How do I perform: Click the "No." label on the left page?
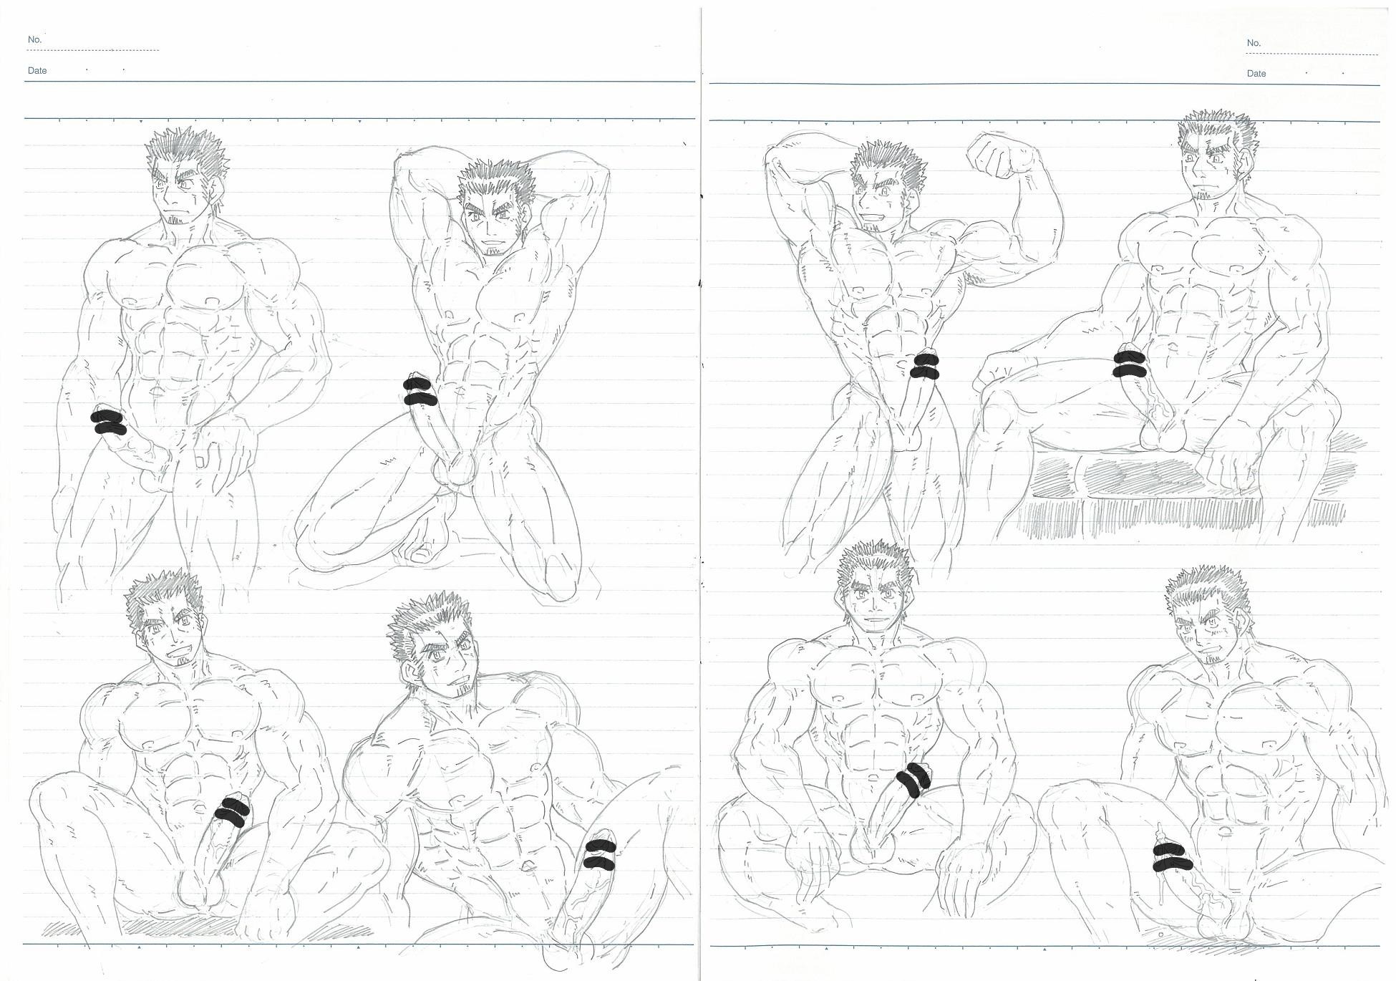tap(34, 39)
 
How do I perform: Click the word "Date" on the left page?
tap(37, 70)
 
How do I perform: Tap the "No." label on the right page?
tap(1253, 43)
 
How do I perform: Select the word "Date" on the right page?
tap(1256, 73)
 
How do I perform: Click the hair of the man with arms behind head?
tap(498, 183)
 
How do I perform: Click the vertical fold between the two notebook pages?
tap(701, 490)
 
